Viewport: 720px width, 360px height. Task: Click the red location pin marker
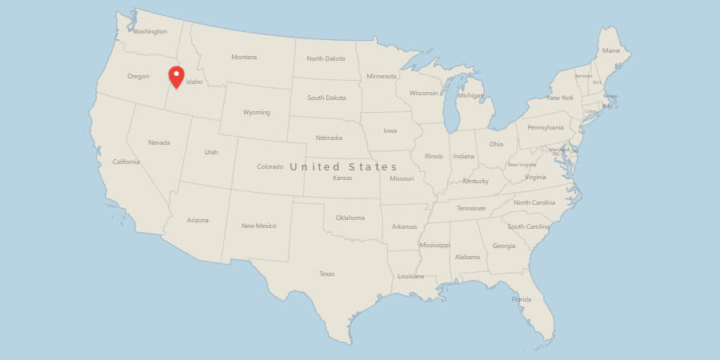[x=177, y=77]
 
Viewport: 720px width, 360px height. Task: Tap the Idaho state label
[x=194, y=82]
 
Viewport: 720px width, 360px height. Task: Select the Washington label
[x=150, y=32]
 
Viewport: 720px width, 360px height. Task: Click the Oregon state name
[x=138, y=77]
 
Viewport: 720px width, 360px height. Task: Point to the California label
[x=126, y=162]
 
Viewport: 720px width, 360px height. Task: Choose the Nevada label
[x=159, y=142]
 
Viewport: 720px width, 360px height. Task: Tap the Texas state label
[x=326, y=274]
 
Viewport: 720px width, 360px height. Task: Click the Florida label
[x=522, y=299]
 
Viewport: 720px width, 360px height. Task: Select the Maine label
[x=611, y=50]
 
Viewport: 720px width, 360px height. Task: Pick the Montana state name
[x=244, y=57]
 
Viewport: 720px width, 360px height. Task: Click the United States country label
[x=343, y=166]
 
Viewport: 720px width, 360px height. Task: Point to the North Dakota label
[x=326, y=58]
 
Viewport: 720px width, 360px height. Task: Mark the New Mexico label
[x=259, y=226]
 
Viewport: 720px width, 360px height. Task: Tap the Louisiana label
[x=411, y=276]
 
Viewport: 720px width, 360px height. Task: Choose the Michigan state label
[x=470, y=96]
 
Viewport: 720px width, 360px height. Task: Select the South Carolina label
[x=529, y=226]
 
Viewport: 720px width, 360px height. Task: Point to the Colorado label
[x=270, y=166]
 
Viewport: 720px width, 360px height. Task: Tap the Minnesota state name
[x=382, y=76]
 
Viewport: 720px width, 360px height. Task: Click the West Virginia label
[x=522, y=165]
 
